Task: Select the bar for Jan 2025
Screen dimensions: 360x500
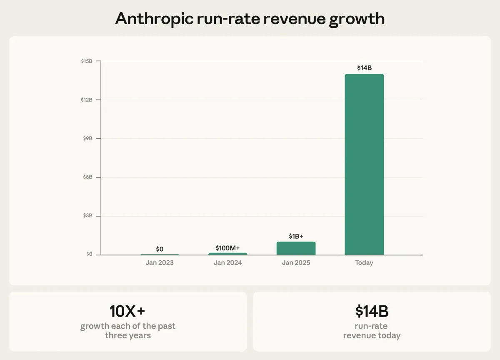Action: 296,248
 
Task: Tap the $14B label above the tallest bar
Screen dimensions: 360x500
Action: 364,67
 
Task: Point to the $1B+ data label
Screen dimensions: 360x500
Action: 296,236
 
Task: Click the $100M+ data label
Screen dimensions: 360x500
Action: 227,248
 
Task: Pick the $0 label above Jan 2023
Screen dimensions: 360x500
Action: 160,249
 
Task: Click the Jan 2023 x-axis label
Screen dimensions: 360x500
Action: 160,263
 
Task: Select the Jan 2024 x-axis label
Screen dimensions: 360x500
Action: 227,263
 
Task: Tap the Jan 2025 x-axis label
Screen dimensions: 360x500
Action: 296,263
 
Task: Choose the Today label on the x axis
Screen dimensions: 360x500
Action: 364,263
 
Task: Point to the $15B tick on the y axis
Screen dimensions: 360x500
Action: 87,61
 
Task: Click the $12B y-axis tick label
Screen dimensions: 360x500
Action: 87,100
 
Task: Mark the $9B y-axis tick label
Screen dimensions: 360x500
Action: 87,138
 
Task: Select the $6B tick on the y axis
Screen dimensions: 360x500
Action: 87,177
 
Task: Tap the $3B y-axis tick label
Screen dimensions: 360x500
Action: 87,216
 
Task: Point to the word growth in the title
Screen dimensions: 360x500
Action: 357,19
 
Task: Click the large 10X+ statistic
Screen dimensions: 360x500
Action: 127,311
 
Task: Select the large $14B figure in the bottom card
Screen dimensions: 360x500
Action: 372,311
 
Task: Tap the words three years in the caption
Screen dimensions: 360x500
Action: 127,335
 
